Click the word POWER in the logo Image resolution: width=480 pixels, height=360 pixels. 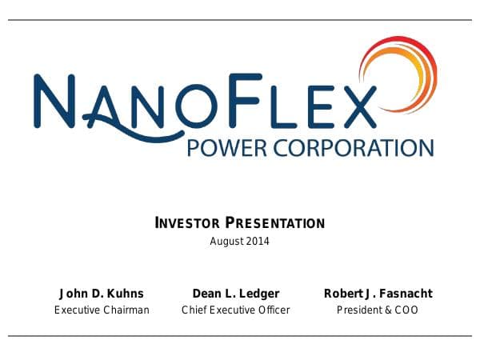pyautogui.click(x=219, y=148)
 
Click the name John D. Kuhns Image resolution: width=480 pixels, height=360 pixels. pyautogui.click(x=102, y=294)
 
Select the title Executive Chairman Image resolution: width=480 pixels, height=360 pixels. pyautogui.click(x=102, y=310)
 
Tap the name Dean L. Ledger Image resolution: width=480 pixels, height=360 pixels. pyautogui.click(x=236, y=294)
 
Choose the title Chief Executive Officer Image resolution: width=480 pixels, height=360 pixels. pyautogui.click(x=236, y=310)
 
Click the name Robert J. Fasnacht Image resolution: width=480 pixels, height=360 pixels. pyautogui.click(x=378, y=294)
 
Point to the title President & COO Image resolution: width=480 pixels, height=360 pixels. pyautogui.click(x=378, y=310)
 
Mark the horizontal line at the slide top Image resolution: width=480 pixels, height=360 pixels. pyautogui.click(x=240, y=20)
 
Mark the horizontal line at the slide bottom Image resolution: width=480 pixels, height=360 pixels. pyautogui.click(x=240, y=336)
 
